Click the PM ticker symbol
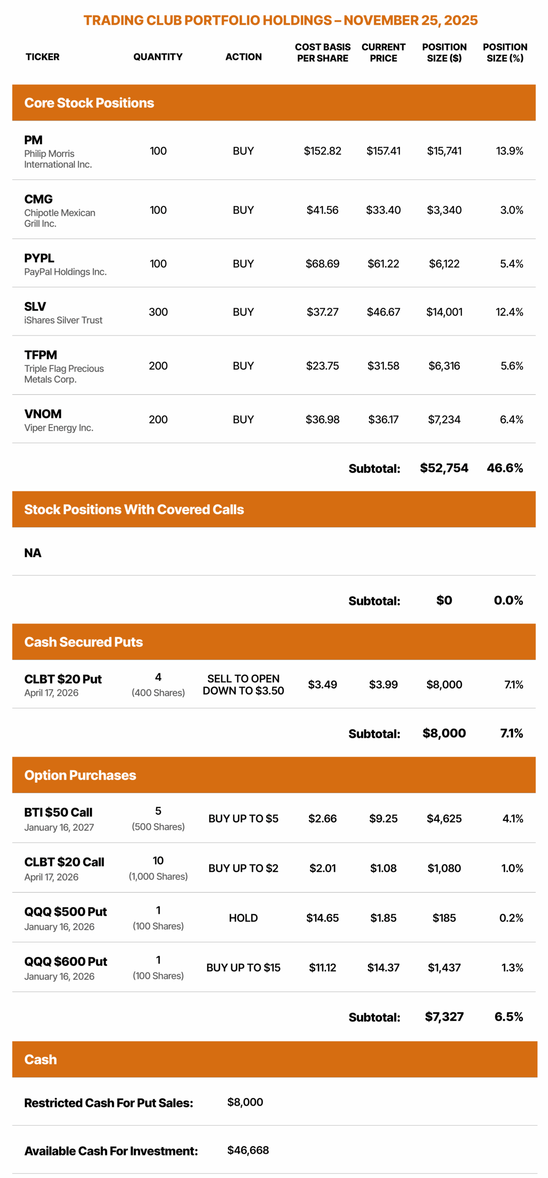pos(33,140)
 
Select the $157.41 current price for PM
pos(383,151)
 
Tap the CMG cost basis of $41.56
pos(322,210)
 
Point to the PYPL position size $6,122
pos(444,264)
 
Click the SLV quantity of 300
pos(158,312)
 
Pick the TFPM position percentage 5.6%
pos(511,366)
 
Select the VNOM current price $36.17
pos(383,419)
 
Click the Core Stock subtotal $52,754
pos(444,468)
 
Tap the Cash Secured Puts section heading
pos(83,642)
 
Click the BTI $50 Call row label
pos(58,812)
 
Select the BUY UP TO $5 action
pos(243,819)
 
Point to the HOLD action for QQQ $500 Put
pos(243,918)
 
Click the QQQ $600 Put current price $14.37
pos(383,968)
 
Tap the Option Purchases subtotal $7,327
pos(444,1016)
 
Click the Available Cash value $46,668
pos(248,1150)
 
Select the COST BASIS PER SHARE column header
pos(322,52)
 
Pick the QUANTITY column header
pos(158,57)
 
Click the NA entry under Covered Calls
pos(33,553)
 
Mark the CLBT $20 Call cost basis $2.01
pos(322,868)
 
